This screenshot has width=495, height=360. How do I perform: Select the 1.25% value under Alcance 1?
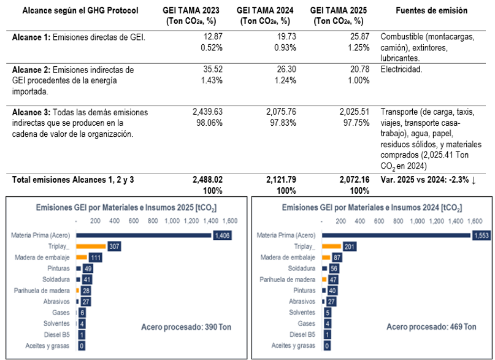[x=358, y=47]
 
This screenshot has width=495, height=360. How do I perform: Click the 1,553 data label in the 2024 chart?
[x=481, y=235]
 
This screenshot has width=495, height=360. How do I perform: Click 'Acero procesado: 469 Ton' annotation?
[x=431, y=326]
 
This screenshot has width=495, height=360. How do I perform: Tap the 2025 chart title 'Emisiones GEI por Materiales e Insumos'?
[x=126, y=208]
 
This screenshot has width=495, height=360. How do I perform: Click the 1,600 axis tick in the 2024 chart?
[x=474, y=220]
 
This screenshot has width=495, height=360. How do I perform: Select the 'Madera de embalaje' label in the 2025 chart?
[x=44, y=257]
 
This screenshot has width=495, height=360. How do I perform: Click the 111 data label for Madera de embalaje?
[x=95, y=257]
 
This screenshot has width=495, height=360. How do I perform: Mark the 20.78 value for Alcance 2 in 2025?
[x=356, y=69]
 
